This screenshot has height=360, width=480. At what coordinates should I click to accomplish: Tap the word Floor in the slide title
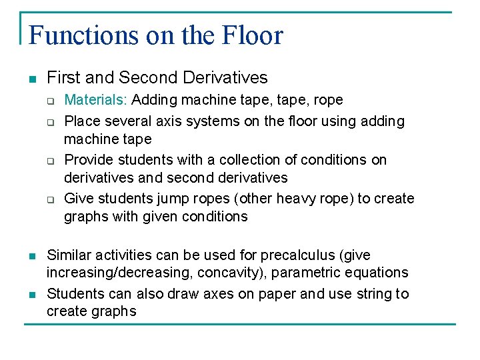(x=252, y=35)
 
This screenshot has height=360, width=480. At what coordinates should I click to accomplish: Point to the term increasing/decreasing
(x=119, y=273)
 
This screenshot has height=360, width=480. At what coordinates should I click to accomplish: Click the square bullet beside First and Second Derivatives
(x=31, y=79)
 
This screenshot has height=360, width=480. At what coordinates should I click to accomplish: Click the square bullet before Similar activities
(x=31, y=256)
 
